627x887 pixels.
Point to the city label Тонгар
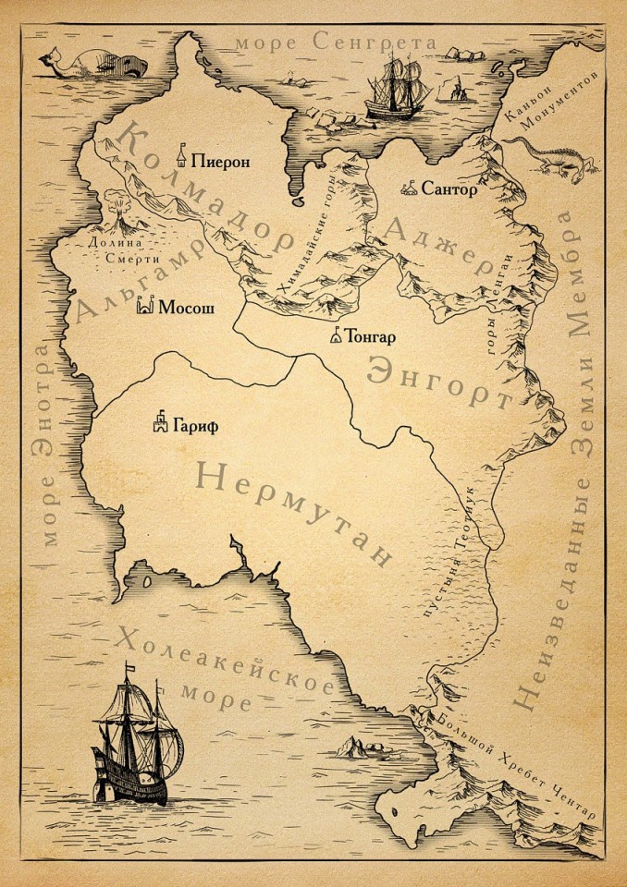(x=373, y=336)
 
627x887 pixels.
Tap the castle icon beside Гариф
(x=162, y=422)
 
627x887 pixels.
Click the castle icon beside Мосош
(x=145, y=306)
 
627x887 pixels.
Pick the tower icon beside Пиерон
(x=185, y=154)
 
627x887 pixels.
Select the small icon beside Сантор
(x=409, y=189)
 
